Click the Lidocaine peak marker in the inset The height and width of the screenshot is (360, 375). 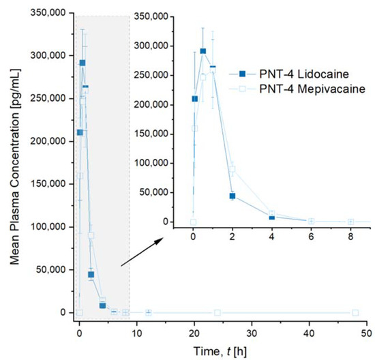pyautogui.click(x=203, y=50)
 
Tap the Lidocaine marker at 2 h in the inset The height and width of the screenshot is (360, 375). pyautogui.click(x=232, y=196)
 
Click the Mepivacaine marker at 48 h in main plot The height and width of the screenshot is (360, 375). pyautogui.click(x=355, y=312)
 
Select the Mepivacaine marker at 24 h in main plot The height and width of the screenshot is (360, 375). pyautogui.click(x=217, y=312)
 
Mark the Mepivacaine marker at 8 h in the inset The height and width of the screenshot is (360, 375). pyautogui.click(x=350, y=222)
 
